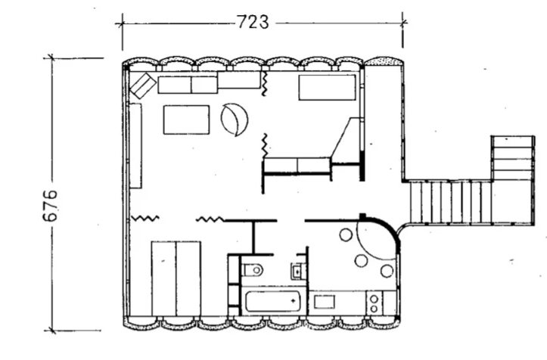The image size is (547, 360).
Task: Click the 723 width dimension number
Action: pos(253,22)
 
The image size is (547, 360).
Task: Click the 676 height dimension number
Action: pos(50,206)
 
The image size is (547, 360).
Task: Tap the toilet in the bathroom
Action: pos(252,270)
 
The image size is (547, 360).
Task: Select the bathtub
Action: pos(273,302)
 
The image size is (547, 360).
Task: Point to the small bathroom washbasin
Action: pos(297,271)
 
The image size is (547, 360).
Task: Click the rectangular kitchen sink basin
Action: pos(324,302)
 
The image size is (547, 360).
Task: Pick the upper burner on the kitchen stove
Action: pos(374,299)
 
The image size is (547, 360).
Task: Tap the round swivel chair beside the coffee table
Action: pos(234,119)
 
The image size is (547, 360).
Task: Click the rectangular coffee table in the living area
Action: pos(187,119)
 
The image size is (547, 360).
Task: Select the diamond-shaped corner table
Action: pos(143,85)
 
